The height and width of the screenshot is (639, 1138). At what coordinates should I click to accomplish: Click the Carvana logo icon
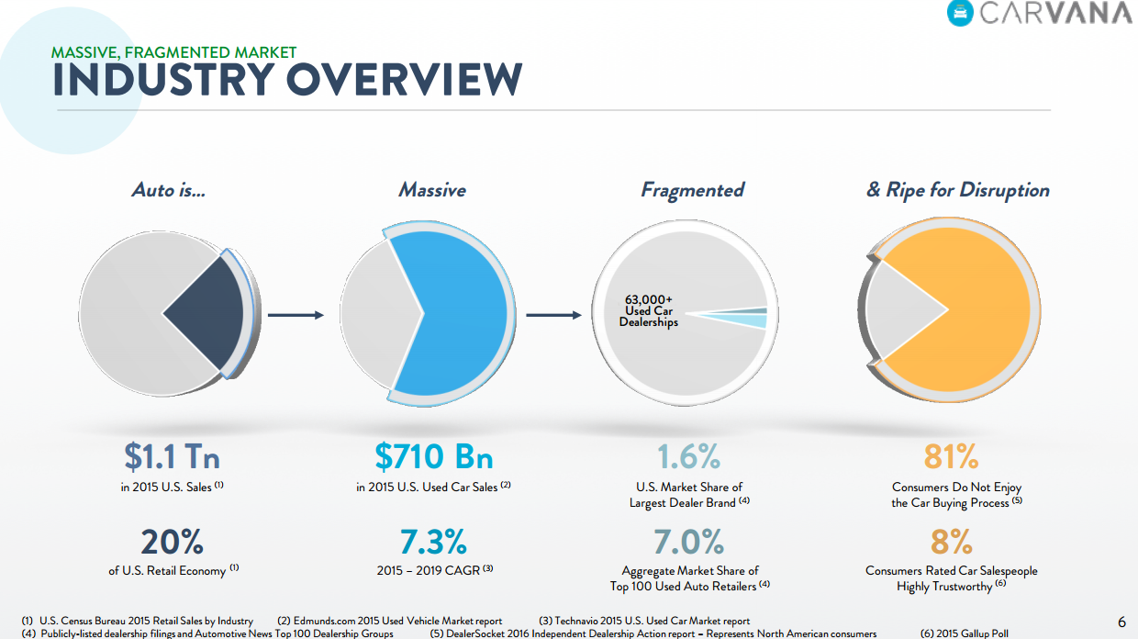[960, 13]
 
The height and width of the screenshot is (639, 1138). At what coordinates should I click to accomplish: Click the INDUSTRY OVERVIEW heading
[287, 81]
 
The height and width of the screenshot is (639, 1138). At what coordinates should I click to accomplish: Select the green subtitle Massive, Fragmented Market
[174, 52]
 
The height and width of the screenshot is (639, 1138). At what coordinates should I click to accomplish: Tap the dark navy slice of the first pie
[209, 313]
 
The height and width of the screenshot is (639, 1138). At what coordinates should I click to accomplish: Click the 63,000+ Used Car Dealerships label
[648, 311]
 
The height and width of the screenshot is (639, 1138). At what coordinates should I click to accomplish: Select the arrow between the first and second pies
[296, 315]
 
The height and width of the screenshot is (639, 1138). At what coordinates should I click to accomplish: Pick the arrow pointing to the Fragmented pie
[554, 315]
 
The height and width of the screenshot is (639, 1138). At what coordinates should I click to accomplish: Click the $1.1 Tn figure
[173, 455]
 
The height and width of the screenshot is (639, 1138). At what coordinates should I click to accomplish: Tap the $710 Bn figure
[433, 455]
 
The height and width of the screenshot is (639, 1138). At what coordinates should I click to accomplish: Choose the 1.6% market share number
[688, 455]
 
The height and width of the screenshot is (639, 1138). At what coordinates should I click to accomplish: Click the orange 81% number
[951, 455]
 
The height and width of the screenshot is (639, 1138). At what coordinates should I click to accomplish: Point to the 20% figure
[173, 542]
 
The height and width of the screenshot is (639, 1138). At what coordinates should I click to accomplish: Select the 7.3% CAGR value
[433, 542]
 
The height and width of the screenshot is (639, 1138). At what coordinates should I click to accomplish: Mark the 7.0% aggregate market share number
[688, 542]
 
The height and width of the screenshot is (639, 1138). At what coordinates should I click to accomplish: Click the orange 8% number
[951, 542]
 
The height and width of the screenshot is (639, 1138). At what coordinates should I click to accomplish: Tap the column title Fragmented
[692, 190]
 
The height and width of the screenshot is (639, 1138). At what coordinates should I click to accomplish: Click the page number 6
[1121, 622]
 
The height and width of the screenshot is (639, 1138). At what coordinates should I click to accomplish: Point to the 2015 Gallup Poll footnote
[964, 633]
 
